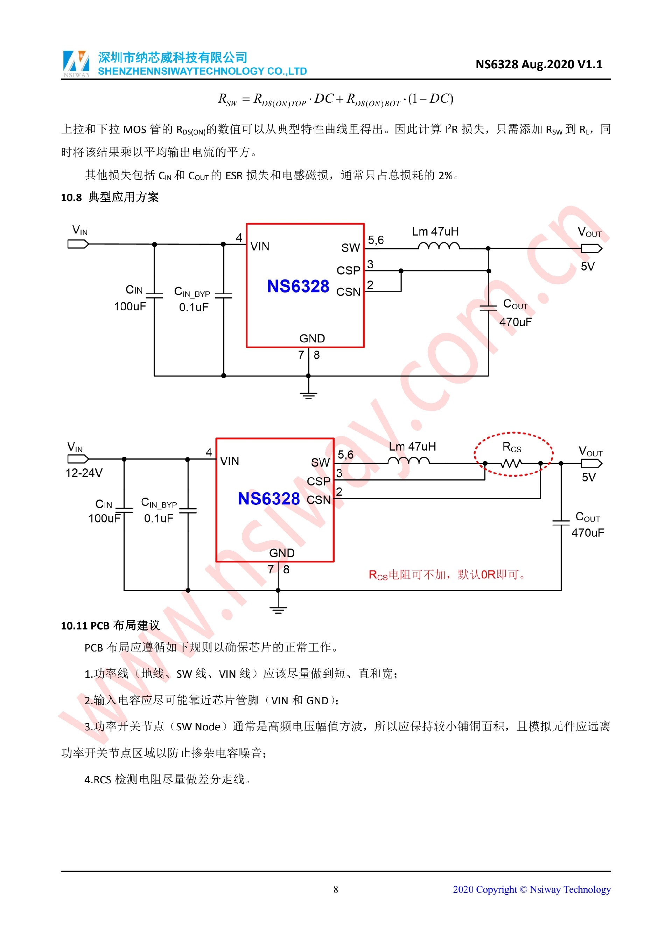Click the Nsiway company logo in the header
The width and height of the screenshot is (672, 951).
tap(76, 64)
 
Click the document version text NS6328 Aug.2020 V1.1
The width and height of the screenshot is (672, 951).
tap(538, 64)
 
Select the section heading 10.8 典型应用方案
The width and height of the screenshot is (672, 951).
tap(110, 197)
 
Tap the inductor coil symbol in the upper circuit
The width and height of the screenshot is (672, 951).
tap(438, 247)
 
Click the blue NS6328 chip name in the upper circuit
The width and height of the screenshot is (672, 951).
tap(298, 286)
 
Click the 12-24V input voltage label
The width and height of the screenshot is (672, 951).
tap(84, 473)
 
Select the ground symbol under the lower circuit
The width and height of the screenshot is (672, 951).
tap(278, 608)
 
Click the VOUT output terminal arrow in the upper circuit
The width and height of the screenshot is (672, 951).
tap(591, 248)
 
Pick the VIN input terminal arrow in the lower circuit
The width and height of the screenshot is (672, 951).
tap(78, 459)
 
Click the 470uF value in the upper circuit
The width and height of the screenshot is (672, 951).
tap(516, 322)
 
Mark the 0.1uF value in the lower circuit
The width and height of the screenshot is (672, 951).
tap(159, 518)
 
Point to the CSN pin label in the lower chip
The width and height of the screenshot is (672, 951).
tap(318, 500)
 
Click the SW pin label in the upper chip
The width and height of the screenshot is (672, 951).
tap(350, 248)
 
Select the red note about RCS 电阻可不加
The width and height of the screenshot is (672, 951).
tap(447, 574)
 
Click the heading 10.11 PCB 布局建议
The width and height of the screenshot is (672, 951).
tap(110, 626)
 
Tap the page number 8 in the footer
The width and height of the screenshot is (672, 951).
tap(336, 889)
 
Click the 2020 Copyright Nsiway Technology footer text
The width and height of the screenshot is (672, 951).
tap(531, 889)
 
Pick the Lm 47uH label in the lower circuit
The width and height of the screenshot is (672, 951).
tap(412, 447)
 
